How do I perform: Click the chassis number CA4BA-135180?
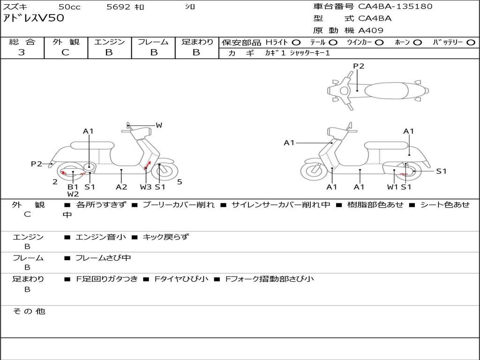[x=395, y=7]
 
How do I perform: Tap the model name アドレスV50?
[x=34, y=18]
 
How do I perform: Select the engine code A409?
[x=371, y=30]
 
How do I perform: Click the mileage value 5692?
[x=118, y=7]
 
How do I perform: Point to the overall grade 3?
[x=22, y=52]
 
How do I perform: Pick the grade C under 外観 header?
[x=66, y=52]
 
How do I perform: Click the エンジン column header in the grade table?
[x=109, y=42]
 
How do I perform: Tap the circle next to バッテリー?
[x=471, y=43]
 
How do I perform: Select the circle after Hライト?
[x=296, y=43]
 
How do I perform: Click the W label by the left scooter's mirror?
[x=159, y=125]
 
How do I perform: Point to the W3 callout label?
[x=145, y=187]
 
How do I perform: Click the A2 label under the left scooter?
[x=121, y=187]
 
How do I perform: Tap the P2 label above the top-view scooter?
[x=359, y=66]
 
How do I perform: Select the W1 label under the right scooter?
[x=392, y=187]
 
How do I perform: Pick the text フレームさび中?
[x=103, y=258]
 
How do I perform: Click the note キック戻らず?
[x=165, y=237]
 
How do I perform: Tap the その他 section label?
[x=29, y=311]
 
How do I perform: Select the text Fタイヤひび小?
[x=181, y=278]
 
